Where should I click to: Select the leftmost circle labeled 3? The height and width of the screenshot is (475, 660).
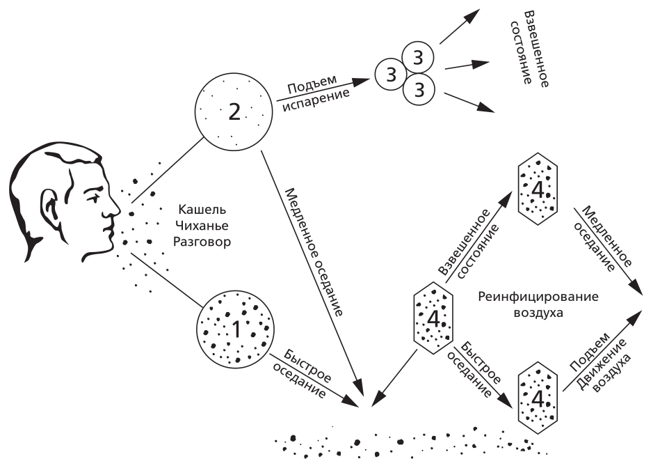pyautogui.click(x=391, y=73)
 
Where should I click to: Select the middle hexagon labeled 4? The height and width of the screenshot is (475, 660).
pyautogui.click(x=433, y=318)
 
